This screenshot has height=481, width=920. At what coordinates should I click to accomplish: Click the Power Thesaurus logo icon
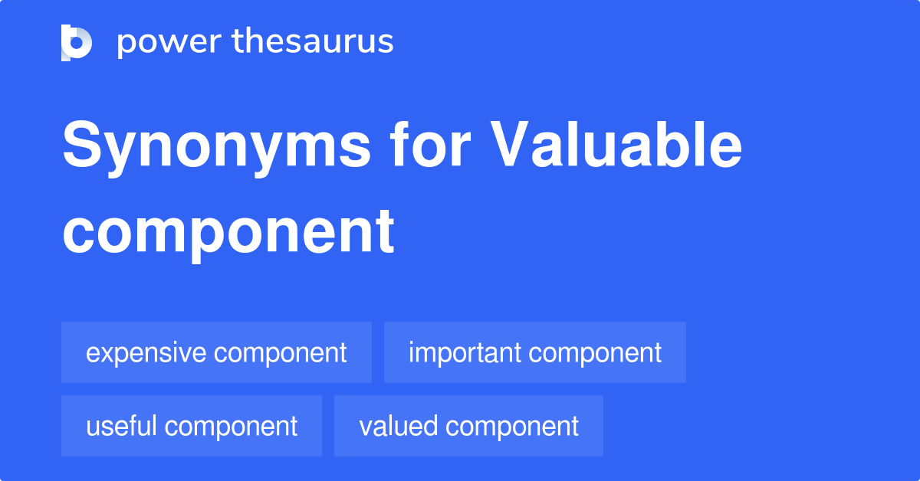click(x=77, y=43)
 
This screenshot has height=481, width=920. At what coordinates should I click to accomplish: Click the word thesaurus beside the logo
click(x=313, y=42)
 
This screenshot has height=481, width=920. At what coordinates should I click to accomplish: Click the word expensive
click(x=146, y=353)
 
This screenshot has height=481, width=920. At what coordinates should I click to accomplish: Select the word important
click(x=464, y=353)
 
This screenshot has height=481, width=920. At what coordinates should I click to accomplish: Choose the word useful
click(x=123, y=426)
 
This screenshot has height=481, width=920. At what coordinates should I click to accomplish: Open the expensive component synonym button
click(x=216, y=352)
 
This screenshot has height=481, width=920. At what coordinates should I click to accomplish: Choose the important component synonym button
click(x=534, y=352)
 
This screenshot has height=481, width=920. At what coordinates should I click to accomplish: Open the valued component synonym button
click(x=468, y=426)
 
